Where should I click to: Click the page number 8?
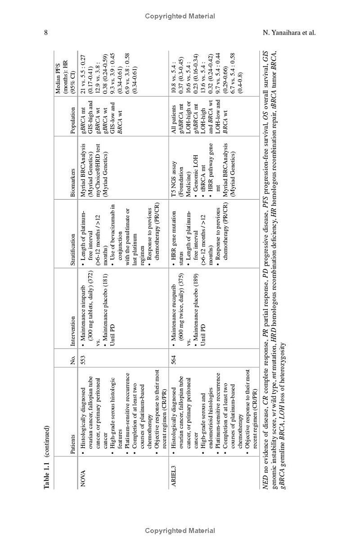[46, 32]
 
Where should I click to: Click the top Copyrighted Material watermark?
[180, 16]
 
